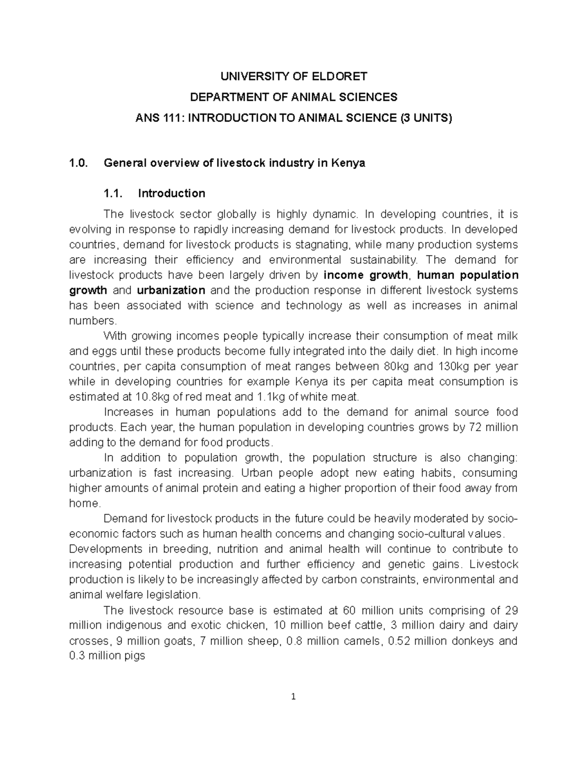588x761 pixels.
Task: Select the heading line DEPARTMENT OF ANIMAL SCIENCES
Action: (x=294, y=97)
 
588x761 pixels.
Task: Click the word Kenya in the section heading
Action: (x=348, y=163)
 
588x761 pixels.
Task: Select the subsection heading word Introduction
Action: (x=171, y=194)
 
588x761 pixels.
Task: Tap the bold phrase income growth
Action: (x=366, y=275)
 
